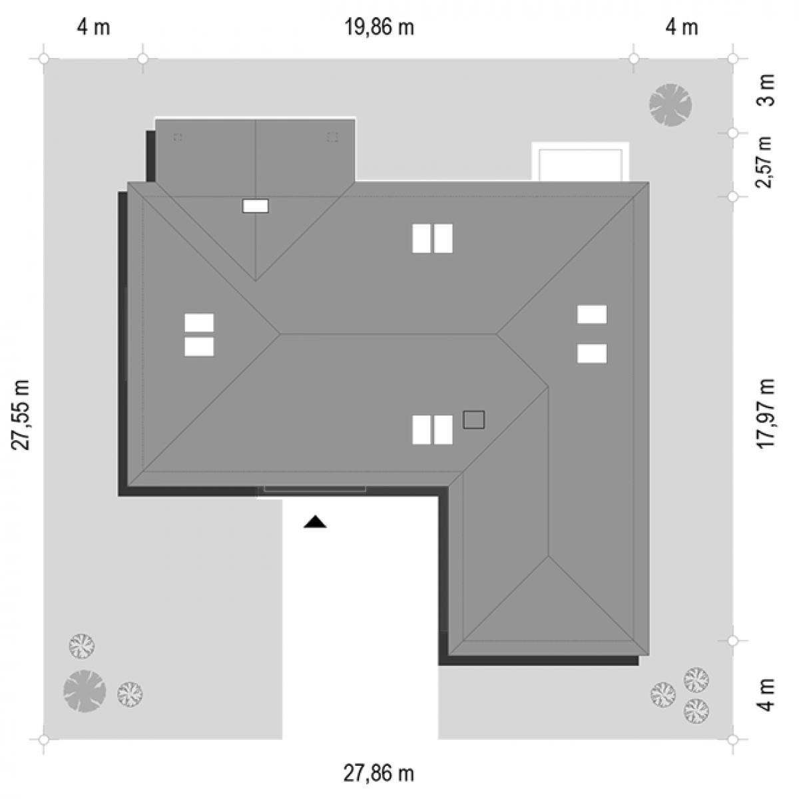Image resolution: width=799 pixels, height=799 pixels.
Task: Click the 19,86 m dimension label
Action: point(380,28)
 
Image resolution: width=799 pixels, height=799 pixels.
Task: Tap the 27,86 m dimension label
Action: point(379,774)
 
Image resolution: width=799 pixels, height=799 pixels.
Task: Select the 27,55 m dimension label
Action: point(21,414)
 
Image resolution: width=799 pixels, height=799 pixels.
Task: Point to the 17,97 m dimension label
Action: point(766,413)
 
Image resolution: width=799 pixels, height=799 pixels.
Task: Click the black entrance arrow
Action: point(315,521)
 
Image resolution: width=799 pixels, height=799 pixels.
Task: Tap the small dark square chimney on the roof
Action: point(473,419)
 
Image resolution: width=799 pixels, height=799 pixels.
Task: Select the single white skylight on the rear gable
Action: point(256,206)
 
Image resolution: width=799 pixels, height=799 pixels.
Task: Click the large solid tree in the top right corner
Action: point(670,105)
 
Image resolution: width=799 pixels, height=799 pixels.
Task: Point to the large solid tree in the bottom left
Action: point(85,691)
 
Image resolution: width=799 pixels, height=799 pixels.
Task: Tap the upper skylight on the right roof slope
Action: point(592,314)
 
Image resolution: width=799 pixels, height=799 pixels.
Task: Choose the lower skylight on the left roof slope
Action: point(199,347)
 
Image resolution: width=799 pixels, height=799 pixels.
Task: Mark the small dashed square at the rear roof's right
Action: point(332,137)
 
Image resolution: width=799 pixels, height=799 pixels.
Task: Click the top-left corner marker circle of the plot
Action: point(43,59)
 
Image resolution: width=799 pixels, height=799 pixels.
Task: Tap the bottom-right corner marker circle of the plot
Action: point(732,739)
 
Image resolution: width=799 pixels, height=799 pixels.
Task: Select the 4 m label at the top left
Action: point(93,28)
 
